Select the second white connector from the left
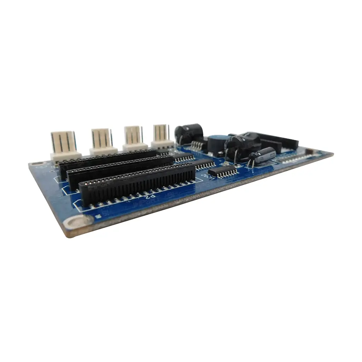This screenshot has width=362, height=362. coord(103,141)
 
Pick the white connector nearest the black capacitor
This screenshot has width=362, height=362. coord(162,136)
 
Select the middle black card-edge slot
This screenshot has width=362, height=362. coord(120,171)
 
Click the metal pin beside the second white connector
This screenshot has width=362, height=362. coord(111,136)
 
